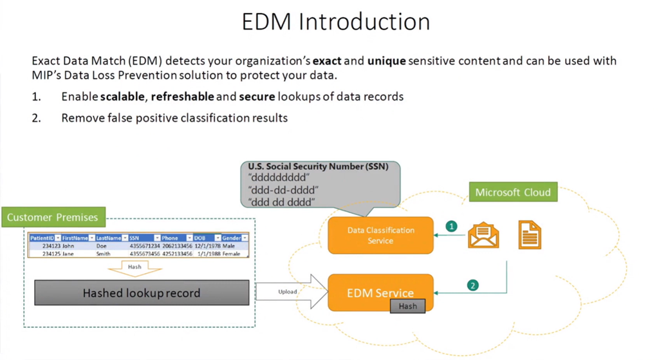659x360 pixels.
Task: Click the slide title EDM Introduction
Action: pyautogui.click(x=335, y=22)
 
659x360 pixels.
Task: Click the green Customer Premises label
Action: pyautogui.click(x=53, y=217)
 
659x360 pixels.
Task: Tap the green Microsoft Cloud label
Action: pyautogui.click(x=512, y=193)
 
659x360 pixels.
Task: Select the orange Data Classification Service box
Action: pyautogui.click(x=380, y=235)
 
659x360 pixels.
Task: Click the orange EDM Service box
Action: pyautogui.click(x=380, y=293)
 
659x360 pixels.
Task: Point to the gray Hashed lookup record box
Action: pyautogui.click(x=142, y=293)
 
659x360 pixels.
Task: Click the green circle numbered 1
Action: pyautogui.click(x=451, y=227)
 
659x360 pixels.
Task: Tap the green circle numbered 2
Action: pyautogui.click(x=473, y=285)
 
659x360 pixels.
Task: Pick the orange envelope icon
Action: pyautogui.click(x=483, y=235)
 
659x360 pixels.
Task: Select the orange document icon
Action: pyautogui.click(x=530, y=235)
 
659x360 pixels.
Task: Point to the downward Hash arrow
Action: pyautogui.click(x=135, y=267)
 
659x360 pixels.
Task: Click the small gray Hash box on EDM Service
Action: pyautogui.click(x=407, y=306)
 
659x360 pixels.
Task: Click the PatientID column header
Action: pyautogui.click(x=44, y=238)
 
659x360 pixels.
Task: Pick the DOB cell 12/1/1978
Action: pyautogui.click(x=207, y=246)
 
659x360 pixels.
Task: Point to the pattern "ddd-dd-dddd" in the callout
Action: pyautogui.click(x=283, y=190)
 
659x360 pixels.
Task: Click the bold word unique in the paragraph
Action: pyautogui.click(x=386, y=61)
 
